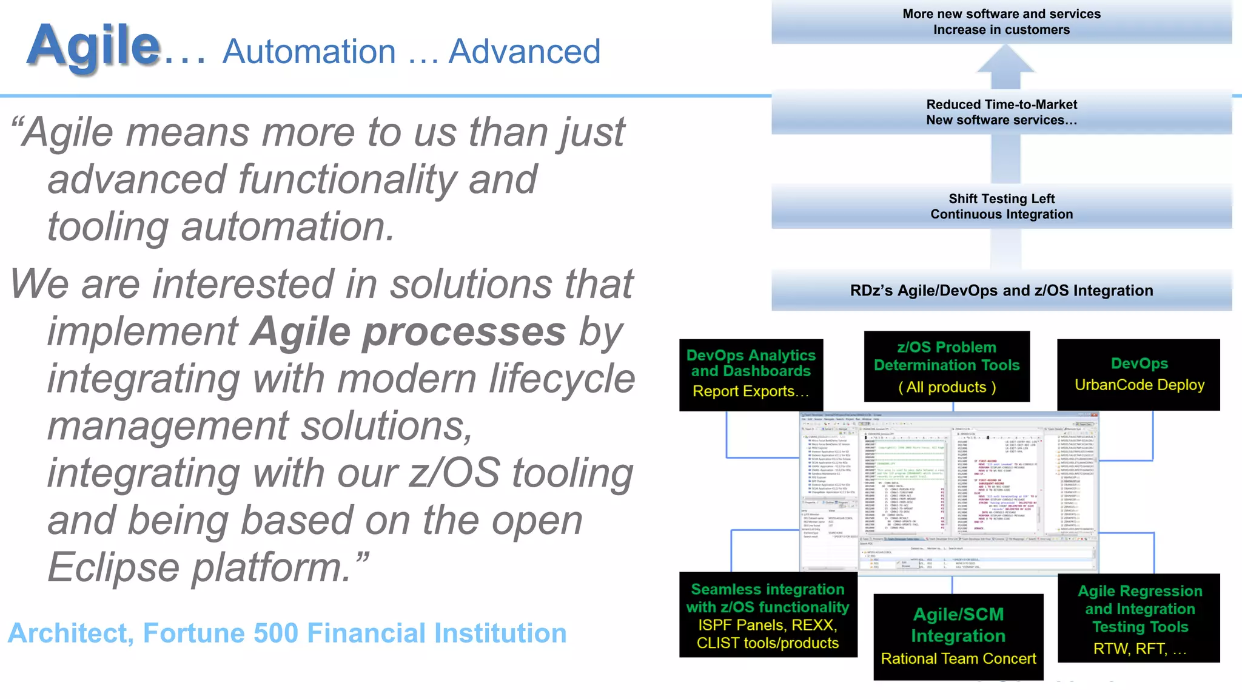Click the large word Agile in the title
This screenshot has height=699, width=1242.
[93, 46]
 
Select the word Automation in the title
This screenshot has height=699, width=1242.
[309, 52]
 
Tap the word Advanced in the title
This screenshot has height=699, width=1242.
[524, 52]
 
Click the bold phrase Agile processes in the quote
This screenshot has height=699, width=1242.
[408, 332]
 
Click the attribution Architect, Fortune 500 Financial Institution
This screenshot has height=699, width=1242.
[287, 633]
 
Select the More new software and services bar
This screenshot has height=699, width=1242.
[1001, 22]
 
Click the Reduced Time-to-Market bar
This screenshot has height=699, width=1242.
[1001, 112]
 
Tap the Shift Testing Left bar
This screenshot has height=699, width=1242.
[1001, 206]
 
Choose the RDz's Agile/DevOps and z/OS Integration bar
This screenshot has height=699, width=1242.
[1001, 291]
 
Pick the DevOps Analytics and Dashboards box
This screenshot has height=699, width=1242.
[751, 374]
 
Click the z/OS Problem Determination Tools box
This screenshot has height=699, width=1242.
[947, 366]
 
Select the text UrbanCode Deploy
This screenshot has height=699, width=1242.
[1139, 385]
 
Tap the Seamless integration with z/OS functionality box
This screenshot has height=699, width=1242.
[768, 615]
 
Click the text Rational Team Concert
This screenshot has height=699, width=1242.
[958, 659]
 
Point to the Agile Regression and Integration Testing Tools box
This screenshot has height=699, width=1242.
[1139, 618]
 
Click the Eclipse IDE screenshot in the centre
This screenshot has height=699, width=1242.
[948, 491]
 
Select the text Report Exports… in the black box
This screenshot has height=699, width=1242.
[751, 392]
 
